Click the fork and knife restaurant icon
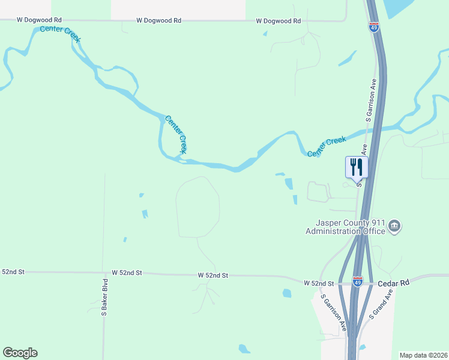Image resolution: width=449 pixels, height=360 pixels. coord(356,167)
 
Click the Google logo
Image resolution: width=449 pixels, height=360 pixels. coord(20,353)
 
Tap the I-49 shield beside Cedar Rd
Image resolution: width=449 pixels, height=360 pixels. coord(358,281)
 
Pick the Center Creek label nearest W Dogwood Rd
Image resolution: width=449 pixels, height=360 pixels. coord(60,34)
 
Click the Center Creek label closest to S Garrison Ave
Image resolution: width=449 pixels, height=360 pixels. coord(327,147)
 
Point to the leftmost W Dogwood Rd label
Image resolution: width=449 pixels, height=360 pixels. coord(39,19)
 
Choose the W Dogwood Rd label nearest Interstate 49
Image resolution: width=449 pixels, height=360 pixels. coord(278,21)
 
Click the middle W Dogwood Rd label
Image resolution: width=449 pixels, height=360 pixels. coord(158,20)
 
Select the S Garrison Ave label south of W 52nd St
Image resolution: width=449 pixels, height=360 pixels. coord(333,312)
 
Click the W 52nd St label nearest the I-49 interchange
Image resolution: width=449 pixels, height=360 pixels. coord(318,283)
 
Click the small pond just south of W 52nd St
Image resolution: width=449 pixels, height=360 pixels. coord(287,293)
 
